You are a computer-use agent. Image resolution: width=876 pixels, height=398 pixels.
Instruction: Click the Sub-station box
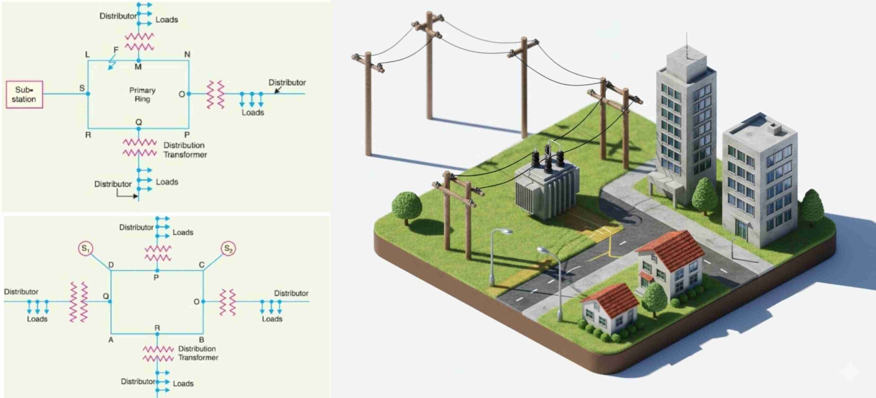pos(24,95)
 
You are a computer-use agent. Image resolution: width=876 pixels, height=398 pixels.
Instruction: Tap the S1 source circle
pos(86,248)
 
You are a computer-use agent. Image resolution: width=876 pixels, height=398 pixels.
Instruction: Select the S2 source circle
pos(228,249)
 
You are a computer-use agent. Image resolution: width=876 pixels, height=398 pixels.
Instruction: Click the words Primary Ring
pos(142,95)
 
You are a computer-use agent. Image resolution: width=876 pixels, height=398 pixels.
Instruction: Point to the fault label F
pos(116,50)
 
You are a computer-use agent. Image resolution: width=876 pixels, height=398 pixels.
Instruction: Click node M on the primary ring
pos(138,61)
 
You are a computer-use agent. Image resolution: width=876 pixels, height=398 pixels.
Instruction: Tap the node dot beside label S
pos(88,94)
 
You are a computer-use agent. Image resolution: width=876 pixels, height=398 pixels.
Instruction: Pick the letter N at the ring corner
pos(187,54)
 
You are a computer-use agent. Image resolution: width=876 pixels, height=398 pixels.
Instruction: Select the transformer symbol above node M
pos(139,42)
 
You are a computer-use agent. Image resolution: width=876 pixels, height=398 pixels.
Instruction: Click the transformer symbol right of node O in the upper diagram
pos(215,94)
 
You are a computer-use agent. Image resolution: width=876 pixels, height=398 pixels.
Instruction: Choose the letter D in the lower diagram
pos(111,265)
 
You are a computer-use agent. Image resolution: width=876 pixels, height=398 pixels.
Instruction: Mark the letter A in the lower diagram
pos(111,340)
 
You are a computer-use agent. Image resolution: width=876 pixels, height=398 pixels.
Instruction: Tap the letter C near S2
pos(202,265)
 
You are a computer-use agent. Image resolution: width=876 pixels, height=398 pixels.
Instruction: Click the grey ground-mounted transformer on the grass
pos(546,186)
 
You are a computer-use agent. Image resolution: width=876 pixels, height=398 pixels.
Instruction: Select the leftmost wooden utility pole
pos(368,103)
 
